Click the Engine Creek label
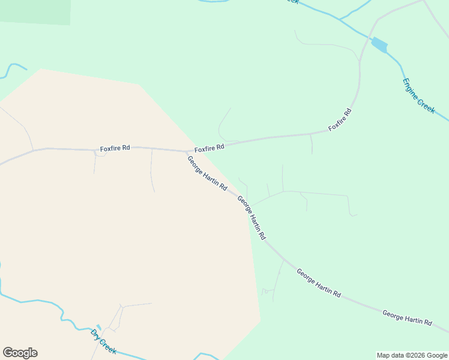[x=418, y=96]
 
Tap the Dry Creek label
[x=103, y=341]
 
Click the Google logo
[x=20, y=353]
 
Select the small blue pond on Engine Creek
[x=379, y=45]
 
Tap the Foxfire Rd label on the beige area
[x=115, y=148]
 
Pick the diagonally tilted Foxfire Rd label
[x=340, y=120]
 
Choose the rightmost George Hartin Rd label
[x=407, y=318]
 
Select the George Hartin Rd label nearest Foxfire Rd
[x=206, y=173]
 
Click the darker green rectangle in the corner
[x=35, y=11]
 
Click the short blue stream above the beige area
[x=12, y=68]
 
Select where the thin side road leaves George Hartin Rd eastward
[x=248, y=206]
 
